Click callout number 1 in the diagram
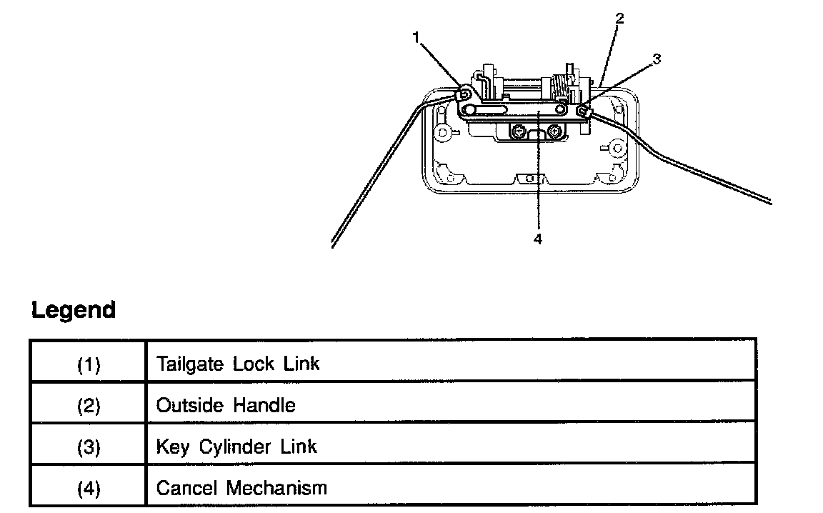[x=417, y=38]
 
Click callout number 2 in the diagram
[x=619, y=19]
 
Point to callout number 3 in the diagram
[x=657, y=59]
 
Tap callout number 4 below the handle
[x=538, y=239]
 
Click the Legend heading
[x=74, y=310]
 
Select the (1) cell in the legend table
[x=89, y=364]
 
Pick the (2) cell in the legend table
[x=89, y=406]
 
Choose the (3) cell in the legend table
[x=89, y=447]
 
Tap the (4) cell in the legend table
[x=89, y=489]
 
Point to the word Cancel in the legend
[x=186, y=488]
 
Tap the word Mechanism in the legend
[x=276, y=488]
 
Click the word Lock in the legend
[x=252, y=364]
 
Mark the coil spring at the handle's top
[x=563, y=88]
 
